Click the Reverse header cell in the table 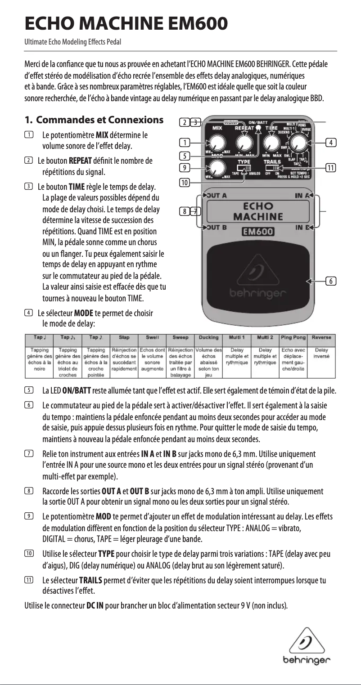(322, 337)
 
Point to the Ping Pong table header (293, 337)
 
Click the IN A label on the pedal (303, 196)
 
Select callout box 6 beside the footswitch (331, 282)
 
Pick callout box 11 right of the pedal (331, 168)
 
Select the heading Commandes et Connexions (99, 120)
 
